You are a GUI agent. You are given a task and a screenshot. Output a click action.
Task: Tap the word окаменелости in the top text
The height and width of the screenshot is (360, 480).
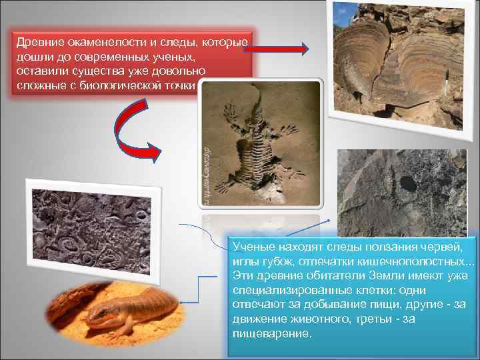coord(104,43)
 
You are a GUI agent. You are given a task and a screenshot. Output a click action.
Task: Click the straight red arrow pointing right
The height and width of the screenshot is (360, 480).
coord(281,49)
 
